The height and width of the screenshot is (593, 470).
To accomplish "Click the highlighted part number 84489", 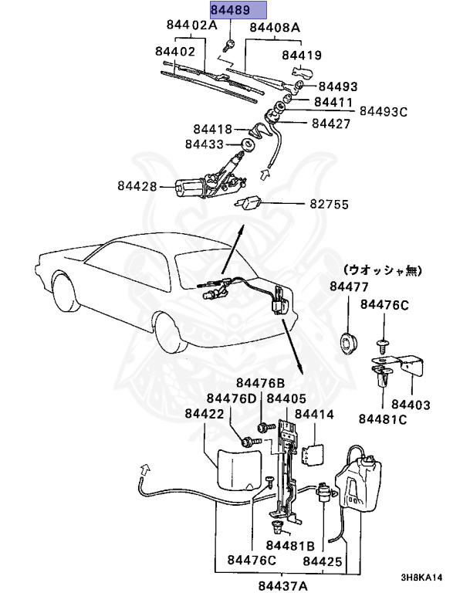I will pos(238,10).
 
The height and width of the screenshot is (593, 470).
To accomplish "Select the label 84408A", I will pos(274,28).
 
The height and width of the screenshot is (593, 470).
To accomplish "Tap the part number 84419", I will pos(301,55).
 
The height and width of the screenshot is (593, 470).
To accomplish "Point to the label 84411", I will pos(333,101).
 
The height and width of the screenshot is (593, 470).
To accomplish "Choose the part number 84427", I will pos(333,123).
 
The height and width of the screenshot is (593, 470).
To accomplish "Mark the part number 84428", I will pos(137,186).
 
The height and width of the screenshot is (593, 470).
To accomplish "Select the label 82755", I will pos(330,205).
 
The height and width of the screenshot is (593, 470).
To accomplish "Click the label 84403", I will pos(411,404).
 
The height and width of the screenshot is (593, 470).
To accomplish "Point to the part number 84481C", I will pos(382,419).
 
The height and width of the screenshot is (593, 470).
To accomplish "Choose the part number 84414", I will pos(314,414).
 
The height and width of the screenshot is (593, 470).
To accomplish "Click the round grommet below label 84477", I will pos(349,341).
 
